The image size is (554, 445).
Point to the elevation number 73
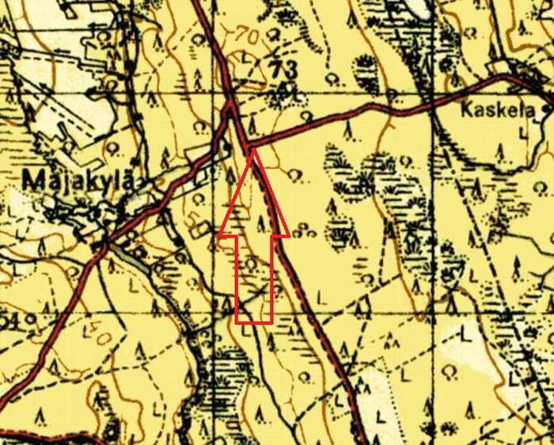(x=283, y=70)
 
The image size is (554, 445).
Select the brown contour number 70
(x=247, y=36)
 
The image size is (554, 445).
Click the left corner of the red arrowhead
(x=218, y=235)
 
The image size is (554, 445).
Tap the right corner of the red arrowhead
(x=288, y=235)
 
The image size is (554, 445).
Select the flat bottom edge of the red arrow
(x=254, y=323)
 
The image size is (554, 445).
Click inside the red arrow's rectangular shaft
(x=254, y=277)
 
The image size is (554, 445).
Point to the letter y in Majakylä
(x=107, y=183)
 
